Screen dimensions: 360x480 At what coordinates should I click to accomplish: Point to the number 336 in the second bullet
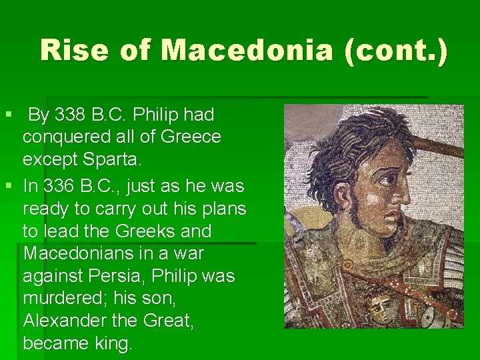[x=63, y=186]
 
